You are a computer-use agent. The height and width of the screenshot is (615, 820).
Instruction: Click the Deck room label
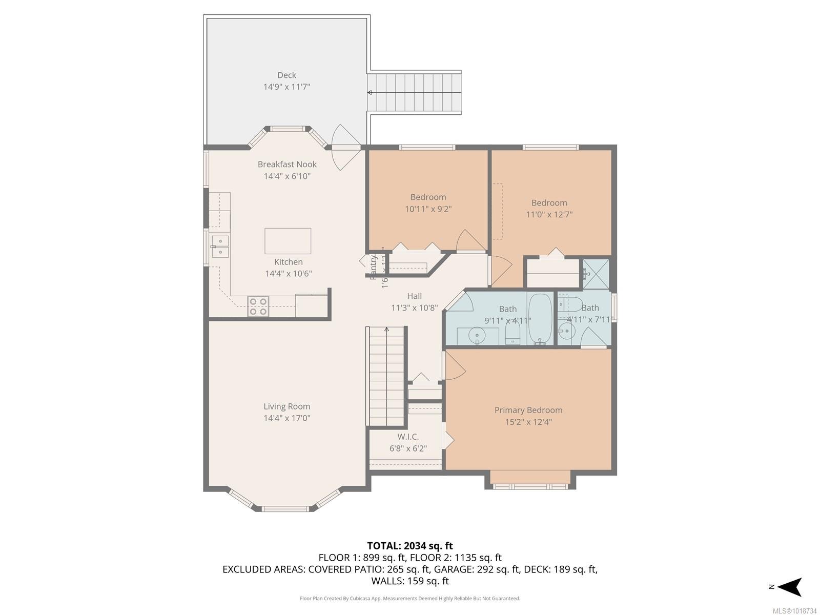tap(286, 75)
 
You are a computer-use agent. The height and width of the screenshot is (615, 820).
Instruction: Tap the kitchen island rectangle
tap(288, 241)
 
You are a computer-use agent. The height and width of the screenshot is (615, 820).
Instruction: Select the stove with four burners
tap(258, 306)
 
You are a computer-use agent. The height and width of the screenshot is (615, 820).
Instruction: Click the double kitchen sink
tap(220, 246)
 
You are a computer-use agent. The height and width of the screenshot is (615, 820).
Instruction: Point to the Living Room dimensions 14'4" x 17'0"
tap(287, 418)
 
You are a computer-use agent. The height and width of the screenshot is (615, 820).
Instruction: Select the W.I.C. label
tap(408, 437)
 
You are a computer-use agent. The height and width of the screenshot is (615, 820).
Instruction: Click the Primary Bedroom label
tap(528, 410)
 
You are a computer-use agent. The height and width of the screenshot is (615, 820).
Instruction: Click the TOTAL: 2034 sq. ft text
tap(409, 546)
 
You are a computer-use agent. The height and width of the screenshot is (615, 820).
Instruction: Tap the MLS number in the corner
tap(794, 611)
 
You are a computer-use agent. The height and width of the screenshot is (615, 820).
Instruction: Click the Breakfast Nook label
tap(287, 165)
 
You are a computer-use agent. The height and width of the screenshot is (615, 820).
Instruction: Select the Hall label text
tap(414, 296)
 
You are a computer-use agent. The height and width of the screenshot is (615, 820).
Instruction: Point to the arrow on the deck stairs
tap(370, 93)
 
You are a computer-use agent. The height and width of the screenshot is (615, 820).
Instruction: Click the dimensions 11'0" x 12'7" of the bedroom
tap(549, 215)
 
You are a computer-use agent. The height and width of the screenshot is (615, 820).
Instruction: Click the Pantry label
tap(374, 267)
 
